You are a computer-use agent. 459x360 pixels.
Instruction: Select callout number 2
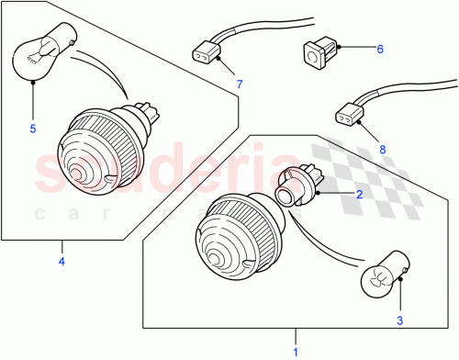(360, 194)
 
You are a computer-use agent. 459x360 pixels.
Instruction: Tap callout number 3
(400, 320)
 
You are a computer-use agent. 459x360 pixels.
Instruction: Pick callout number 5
(32, 129)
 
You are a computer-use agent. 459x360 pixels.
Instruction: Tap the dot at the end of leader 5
(32, 82)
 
